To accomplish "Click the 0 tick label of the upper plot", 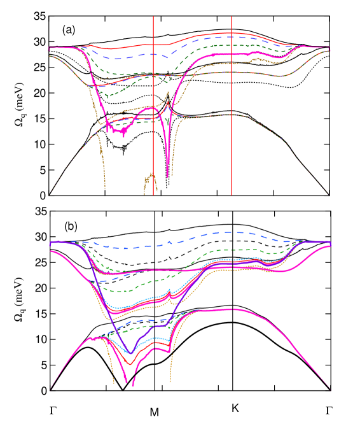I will (x=49, y=205).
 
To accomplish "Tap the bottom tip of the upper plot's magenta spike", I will (x=168, y=176).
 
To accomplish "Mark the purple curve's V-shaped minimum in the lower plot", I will (x=130, y=353).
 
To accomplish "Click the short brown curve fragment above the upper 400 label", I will (x=150, y=181).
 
